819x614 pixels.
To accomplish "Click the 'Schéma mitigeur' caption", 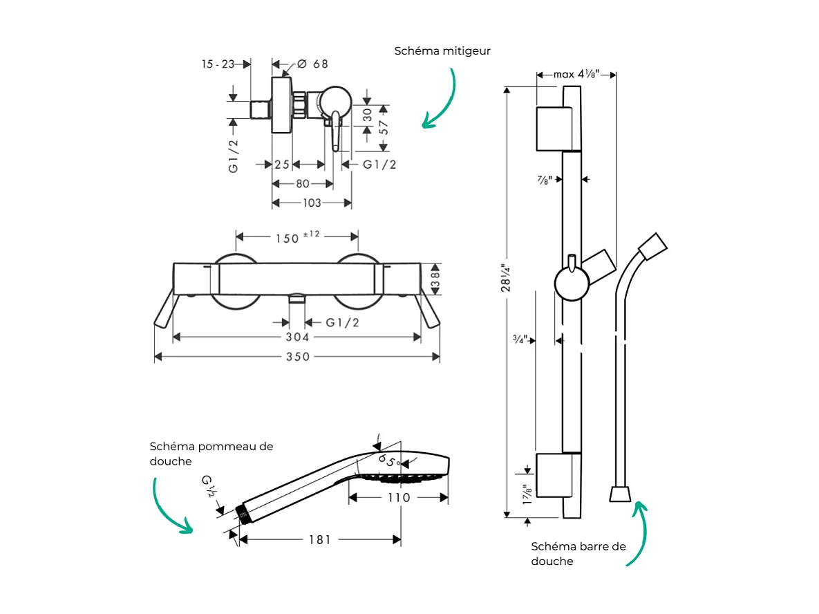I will (x=442, y=51).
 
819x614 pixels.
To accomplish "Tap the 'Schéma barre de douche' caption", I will (x=578, y=553).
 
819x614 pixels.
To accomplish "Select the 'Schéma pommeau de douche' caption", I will (x=211, y=454).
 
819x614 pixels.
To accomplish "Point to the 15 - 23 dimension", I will (x=218, y=64).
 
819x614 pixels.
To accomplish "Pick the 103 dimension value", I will (x=312, y=203).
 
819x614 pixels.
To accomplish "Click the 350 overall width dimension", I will (x=298, y=357).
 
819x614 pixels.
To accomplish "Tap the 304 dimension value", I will (x=298, y=337).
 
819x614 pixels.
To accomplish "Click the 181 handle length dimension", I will (x=319, y=539).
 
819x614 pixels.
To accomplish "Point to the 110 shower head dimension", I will (x=398, y=498).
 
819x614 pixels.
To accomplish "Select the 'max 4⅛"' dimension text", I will (x=576, y=74).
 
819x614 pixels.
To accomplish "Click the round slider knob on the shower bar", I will (x=572, y=284).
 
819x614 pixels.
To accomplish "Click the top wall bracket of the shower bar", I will (x=554, y=129).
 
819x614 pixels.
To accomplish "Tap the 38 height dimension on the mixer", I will (x=435, y=279).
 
